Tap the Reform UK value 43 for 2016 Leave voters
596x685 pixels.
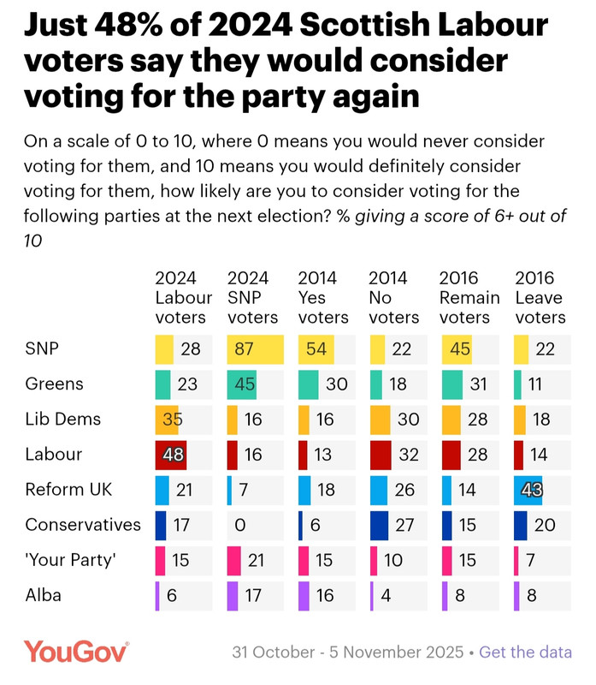tap(531, 490)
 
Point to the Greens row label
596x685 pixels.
tap(55, 384)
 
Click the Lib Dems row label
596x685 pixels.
tap(63, 420)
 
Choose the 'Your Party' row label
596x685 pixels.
tap(71, 560)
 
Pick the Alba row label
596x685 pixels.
tap(44, 595)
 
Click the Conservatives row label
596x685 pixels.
tap(83, 525)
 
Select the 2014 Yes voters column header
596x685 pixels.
tap(323, 297)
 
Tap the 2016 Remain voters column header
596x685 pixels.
tap(469, 297)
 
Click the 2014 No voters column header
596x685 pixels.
tap(394, 297)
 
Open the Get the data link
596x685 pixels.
tap(525, 652)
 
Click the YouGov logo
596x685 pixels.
tap(76, 652)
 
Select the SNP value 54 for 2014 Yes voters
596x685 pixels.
tap(317, 349)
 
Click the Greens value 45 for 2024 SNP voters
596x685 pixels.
tap(246, 384)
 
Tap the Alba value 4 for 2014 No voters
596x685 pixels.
tap(387, 595)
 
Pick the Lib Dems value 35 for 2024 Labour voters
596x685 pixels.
tap(173, 420)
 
